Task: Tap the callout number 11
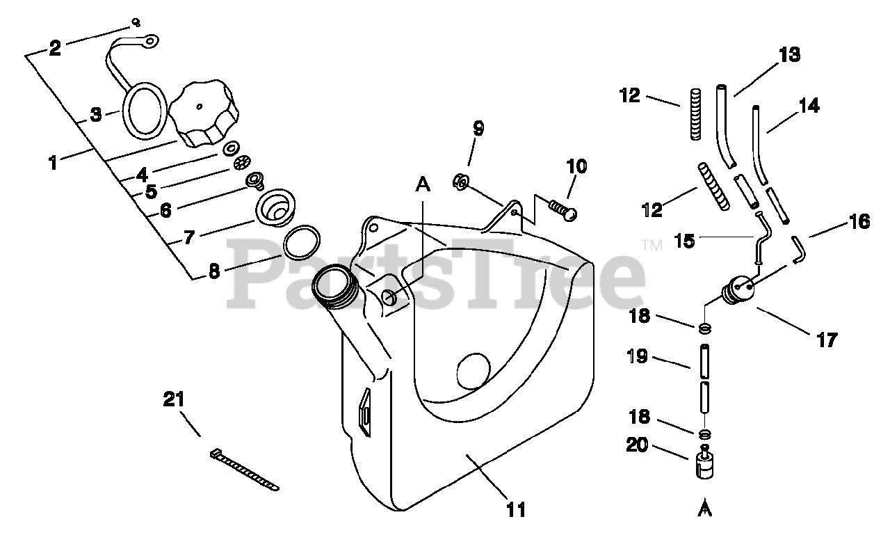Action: [515, 509]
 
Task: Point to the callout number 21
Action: [175, 399]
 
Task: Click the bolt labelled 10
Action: [564, 209]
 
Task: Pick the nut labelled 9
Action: [461, 181]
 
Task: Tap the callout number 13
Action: [789, 55]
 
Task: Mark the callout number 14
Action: [808, 106]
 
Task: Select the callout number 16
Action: [859, 222]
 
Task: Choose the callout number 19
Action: [637, 356]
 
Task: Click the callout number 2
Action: [55, 47]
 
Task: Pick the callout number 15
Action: [685, 241]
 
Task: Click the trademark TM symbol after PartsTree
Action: [652, 245]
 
